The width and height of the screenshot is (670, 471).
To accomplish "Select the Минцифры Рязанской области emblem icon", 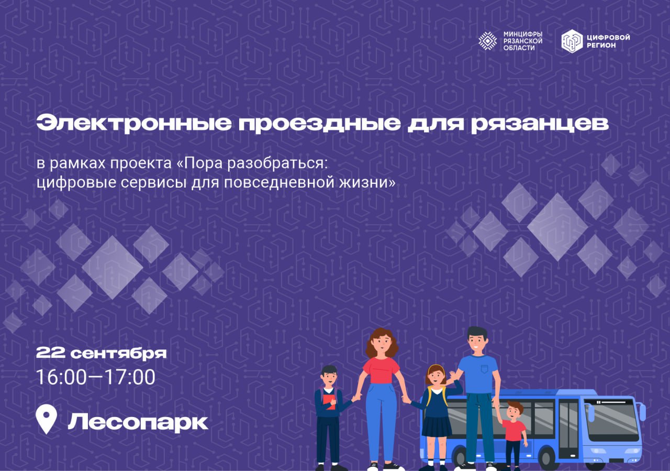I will point(488,40).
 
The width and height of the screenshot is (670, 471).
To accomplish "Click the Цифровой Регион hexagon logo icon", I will point(572,41).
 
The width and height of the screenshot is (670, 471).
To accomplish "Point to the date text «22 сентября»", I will point(101,353).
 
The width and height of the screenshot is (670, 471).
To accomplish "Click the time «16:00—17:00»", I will point(95,377).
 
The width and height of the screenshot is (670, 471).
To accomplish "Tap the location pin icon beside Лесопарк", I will point(46,420).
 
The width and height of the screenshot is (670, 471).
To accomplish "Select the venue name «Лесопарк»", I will point(138,422).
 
